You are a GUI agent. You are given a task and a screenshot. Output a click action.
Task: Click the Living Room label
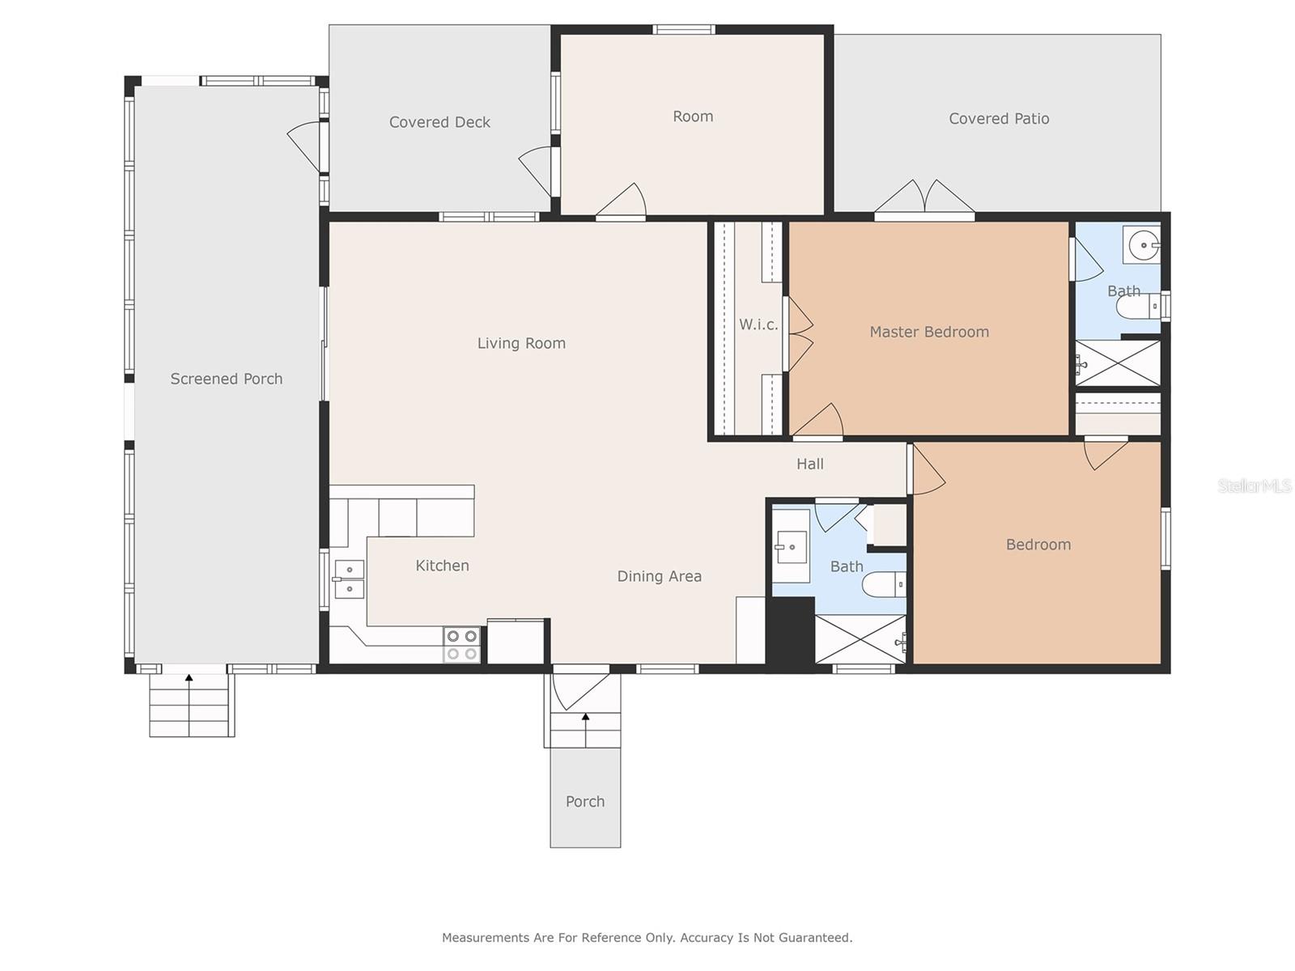(521, 343)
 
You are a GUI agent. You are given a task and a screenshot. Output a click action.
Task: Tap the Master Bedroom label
(928, 332)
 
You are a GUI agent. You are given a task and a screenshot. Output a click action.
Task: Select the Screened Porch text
(226, 379)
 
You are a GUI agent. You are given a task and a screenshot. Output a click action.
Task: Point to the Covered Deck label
(439, 122)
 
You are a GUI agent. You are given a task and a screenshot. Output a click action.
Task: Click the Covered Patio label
(999, 118)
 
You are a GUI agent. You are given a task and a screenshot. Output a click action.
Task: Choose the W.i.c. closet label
(758, 324)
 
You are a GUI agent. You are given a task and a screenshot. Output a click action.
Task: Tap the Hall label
(810, 464)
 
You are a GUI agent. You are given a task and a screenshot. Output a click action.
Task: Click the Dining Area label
(659, 576)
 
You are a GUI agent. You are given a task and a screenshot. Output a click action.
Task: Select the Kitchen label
(442, 566)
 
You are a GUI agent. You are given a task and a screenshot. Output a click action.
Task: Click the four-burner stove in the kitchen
(462, 644)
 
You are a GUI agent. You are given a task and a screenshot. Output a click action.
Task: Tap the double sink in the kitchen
(350, 579)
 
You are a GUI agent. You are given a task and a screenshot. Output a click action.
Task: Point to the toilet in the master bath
(1139, 306)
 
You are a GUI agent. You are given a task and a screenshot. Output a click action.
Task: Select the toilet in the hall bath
(884, 585)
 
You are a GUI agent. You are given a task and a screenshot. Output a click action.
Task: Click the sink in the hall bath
(791, 546)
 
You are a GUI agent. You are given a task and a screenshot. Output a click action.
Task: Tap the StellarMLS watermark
(1255, 485)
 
